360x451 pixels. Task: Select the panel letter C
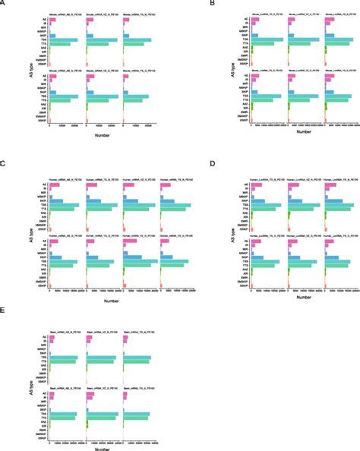(4, 164)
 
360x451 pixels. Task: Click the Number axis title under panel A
(103, 134)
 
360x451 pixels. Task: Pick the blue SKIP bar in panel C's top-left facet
(57, 201)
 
